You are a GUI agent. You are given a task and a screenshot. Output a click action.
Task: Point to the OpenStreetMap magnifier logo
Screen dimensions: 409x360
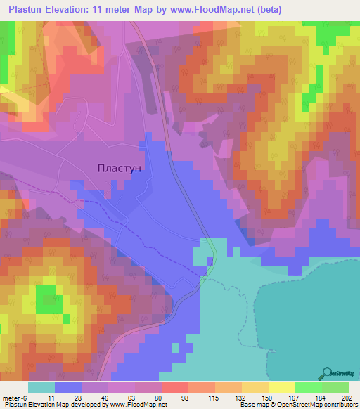(328, 374)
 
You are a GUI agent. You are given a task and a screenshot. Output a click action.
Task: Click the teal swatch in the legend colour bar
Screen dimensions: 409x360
(41, 387)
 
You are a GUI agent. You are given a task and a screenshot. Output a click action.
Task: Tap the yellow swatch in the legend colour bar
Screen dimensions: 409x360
(281, 387)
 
